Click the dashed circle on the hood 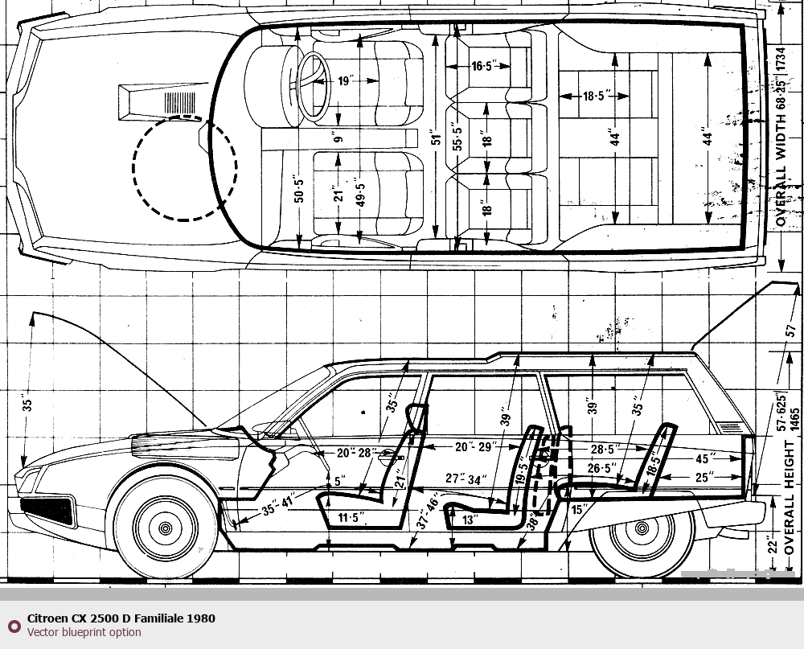point(185,167)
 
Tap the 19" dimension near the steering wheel point(346,80)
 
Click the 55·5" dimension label point(457,139)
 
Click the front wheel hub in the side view point(166,528)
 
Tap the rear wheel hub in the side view point(642,528)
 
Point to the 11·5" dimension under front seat point(351,517)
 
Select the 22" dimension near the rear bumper point(773,544)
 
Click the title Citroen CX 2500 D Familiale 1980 point(121,618)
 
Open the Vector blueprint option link point(84,632)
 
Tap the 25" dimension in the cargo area point(705,479)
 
